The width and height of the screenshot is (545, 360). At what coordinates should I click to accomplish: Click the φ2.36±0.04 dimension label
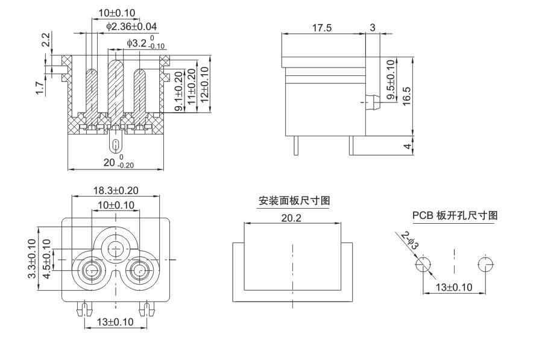(x=131, y=27)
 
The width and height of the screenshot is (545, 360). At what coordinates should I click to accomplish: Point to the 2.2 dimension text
(x=46, y=40)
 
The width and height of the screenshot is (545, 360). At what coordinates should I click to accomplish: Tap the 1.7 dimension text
(x=40, y=87)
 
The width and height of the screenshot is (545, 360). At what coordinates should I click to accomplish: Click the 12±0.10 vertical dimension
(x=204, y=86)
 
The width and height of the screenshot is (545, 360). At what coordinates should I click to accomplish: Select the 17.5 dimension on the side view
(x=322, y=28)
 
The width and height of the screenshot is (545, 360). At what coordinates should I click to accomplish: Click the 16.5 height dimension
(x=406, y=95)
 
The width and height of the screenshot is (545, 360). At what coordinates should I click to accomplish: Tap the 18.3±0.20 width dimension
(x=116, y=190)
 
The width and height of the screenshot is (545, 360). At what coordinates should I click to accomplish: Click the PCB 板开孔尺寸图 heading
(x=455, y=215)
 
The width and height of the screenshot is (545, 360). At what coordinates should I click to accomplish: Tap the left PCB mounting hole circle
(x=423, y=265)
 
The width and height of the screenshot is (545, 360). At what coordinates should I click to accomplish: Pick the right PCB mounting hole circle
(x=485, y=265)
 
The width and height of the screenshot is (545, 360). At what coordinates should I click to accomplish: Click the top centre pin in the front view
(x=115, y=247)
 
